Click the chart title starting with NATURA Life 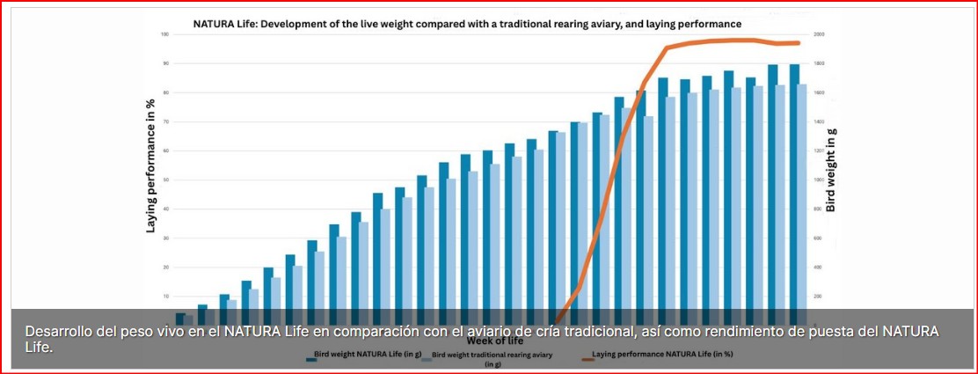(467, 23)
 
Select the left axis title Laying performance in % (150, 165)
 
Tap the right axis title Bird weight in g (830, 170)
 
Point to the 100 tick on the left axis (164, 34)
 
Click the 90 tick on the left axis (164, 63)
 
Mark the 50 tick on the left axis (164, 180)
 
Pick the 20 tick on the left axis (164, 267)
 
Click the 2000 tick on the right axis (819, 34)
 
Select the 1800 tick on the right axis (819, 63)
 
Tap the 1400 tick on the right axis (819, 121)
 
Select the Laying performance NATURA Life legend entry (661, 355)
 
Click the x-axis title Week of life (496, 341)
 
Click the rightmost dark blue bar (794, 185)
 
